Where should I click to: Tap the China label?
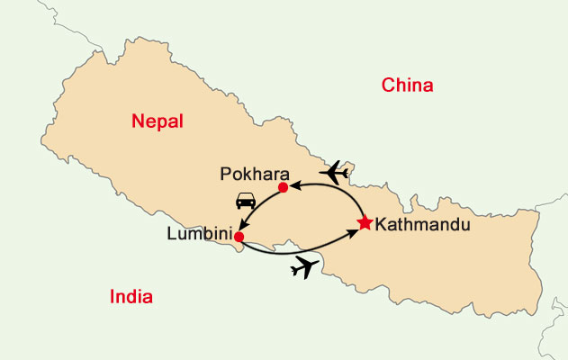(408, 86)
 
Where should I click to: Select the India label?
(131, 297)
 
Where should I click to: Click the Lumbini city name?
(199, 233)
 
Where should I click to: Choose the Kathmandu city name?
(422, 224)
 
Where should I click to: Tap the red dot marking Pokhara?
(283, 187)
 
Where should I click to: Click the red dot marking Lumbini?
(239, 237)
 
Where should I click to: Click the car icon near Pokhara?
(244, 201)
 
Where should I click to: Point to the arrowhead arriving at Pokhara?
(292, 185)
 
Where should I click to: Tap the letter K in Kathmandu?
(379, 224)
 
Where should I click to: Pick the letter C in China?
(388, 86)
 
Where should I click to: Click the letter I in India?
(112, 297)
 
